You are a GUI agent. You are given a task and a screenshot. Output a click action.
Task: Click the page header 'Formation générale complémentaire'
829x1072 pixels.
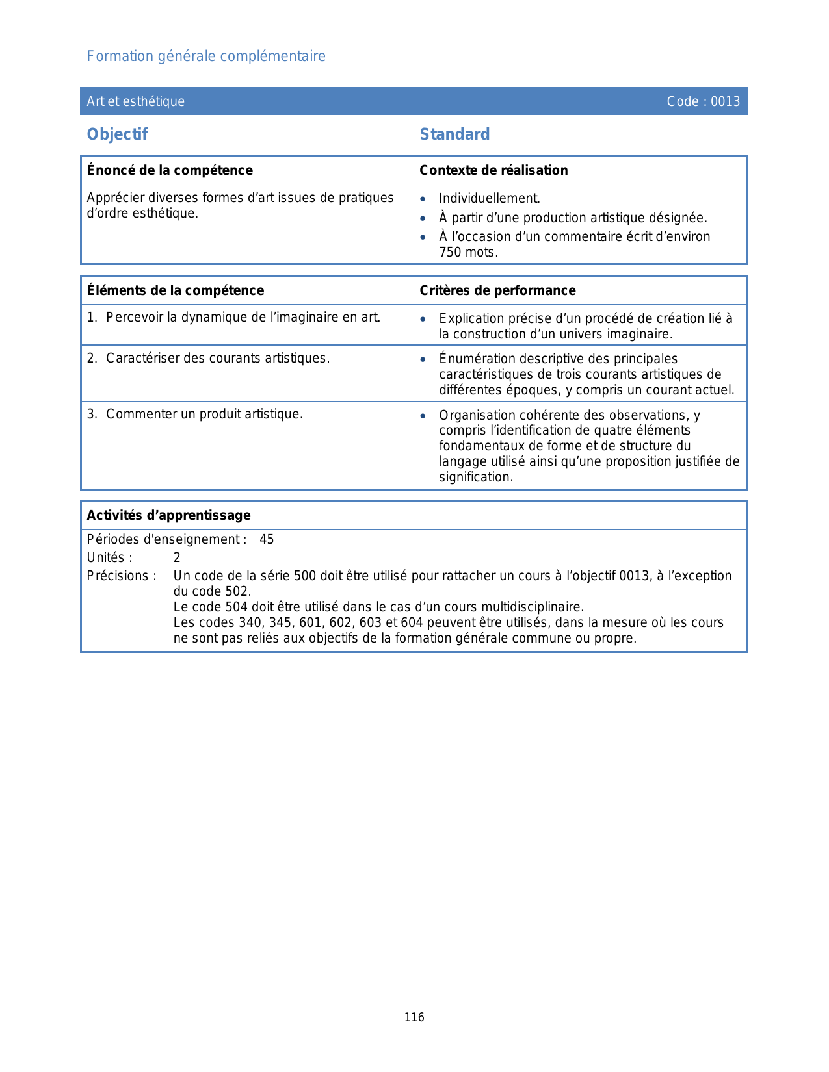click(206, 57)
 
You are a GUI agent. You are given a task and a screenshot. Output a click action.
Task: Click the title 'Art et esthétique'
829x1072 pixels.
click(136, 101)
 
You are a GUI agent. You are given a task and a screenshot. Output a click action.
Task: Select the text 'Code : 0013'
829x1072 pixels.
click(703, 101)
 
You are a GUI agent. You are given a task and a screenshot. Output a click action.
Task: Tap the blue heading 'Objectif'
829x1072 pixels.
click(118, 134)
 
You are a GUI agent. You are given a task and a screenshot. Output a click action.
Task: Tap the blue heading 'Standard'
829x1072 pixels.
click(454, 134)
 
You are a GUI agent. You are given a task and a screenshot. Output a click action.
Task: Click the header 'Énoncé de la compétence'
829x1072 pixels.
click(170, 170)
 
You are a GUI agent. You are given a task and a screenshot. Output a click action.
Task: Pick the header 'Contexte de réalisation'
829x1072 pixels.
click(493, 170)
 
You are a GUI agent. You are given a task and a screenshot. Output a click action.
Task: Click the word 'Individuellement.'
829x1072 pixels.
click(489, 199)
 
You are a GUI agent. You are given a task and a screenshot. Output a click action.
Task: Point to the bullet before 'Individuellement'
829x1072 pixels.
click(423, 199)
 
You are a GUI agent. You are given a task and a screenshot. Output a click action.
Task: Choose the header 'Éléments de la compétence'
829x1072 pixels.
click(176, 290)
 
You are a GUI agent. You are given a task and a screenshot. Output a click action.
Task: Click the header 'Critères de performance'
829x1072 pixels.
click(497, 290)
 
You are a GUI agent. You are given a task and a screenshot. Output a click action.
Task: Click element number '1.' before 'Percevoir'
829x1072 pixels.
click(92, 318)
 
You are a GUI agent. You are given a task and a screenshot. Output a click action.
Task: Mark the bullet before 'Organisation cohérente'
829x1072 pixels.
click(423, 416)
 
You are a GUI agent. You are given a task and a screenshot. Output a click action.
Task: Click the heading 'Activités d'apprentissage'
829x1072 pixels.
click(168, 515)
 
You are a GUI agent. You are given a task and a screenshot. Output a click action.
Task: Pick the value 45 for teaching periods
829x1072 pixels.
click(267, 540)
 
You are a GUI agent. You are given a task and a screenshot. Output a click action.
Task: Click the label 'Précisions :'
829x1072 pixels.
click(122, 576)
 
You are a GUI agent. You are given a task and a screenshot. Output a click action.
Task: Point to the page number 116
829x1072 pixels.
click(414, 1017)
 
